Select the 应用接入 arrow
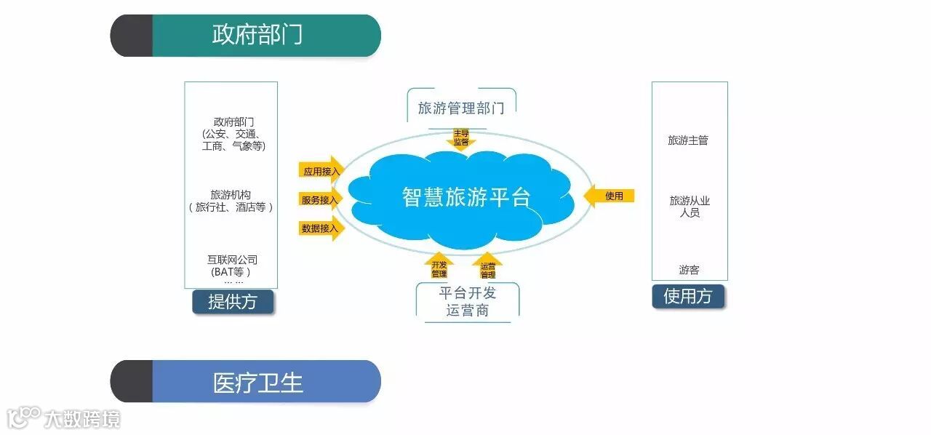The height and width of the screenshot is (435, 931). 321,171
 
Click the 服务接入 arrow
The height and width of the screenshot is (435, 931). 320,199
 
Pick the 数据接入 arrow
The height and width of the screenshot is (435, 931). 320,228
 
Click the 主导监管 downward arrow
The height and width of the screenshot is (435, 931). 461,137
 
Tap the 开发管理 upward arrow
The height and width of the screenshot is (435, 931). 439,268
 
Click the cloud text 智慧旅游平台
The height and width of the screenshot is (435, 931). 466,196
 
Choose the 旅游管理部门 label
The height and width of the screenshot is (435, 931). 461,108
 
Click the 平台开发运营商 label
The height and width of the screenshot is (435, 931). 468,302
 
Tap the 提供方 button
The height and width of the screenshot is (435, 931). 233,302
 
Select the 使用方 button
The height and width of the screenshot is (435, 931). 688,296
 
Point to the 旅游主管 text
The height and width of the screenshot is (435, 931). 688,140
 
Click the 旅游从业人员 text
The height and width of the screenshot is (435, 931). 689,207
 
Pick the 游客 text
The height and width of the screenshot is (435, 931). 689,270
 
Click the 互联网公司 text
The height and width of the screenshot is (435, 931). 232,260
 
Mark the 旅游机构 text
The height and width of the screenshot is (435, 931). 231,195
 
